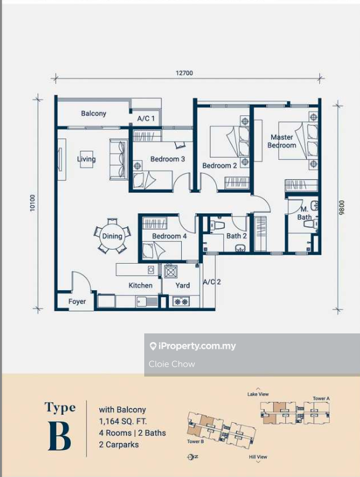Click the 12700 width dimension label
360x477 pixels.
pyautogui.click(x=184, y=73)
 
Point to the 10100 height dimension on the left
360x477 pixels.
pyautogui.click(x=33, y=203)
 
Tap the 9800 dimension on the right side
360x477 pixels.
pyautogui.click(x=342, y=208)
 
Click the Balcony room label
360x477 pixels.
pyautogui.click(x=94, y=113)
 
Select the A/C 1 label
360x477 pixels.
pyautogui.click(x=145, y=118)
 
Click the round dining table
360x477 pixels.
pyautogui.click(x=112, y=236)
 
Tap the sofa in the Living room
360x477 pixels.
pyautogui.click(x=119, y=160)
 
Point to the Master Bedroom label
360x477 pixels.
pyautogui.click(x=282, y=141)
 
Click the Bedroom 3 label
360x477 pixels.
pyautogui.click(x=168, y=159)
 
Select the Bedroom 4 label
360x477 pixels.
pyautogui.click(x=169, y=236)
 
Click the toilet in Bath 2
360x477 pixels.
pyautogui.click(x=217, y=225)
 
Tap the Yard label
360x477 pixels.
pyautogui.click(x=182, y=285)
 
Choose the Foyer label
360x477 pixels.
pyautogui.click(x=77, y=301)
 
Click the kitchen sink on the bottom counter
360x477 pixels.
pyautogui.click(x=147, y=301)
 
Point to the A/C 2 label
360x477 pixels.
pyautogui.click(x=212, y=282)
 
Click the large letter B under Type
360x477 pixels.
pyautogui.click(x=60, y=436)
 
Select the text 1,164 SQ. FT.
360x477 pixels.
pyautogui.click(x=123, y=422)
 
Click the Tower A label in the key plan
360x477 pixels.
pyautogui.click(x=321, y=398)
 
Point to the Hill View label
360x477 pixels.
pyautogui.click(x=258, y=457)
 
